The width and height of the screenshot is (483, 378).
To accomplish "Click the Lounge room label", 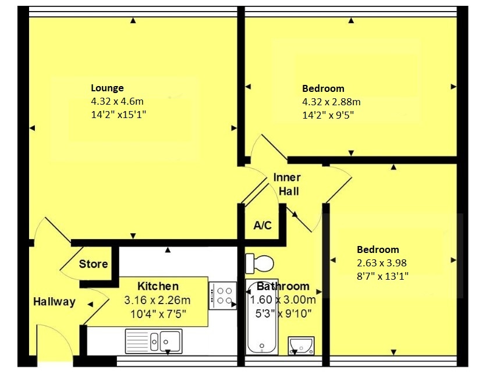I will click(107, 88).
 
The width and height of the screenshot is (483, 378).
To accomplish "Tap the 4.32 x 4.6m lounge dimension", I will click(117, 101).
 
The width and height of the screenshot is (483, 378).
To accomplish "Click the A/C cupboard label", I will click(262, 225).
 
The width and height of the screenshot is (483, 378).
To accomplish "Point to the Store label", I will click(93, 264).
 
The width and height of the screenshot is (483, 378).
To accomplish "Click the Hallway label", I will click(54, 302).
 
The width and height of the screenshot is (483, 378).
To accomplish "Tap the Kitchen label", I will click(158, 286).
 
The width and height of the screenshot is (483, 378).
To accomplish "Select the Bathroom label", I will click(283, 286).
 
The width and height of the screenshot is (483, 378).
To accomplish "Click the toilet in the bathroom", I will click(260, 263).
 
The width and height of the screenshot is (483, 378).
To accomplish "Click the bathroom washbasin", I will click(302, 345).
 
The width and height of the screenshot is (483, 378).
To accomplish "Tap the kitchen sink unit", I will click(154, 340).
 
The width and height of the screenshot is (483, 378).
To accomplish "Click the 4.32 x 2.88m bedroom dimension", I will click(331, 102).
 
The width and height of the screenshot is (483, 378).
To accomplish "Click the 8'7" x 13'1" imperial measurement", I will click(383, 276).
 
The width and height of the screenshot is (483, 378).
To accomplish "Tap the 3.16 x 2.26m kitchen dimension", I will click(157, 300).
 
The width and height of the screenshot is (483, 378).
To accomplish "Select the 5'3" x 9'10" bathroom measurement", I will click(283, 314).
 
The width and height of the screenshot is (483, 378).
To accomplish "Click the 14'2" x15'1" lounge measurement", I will click(118, 115).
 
